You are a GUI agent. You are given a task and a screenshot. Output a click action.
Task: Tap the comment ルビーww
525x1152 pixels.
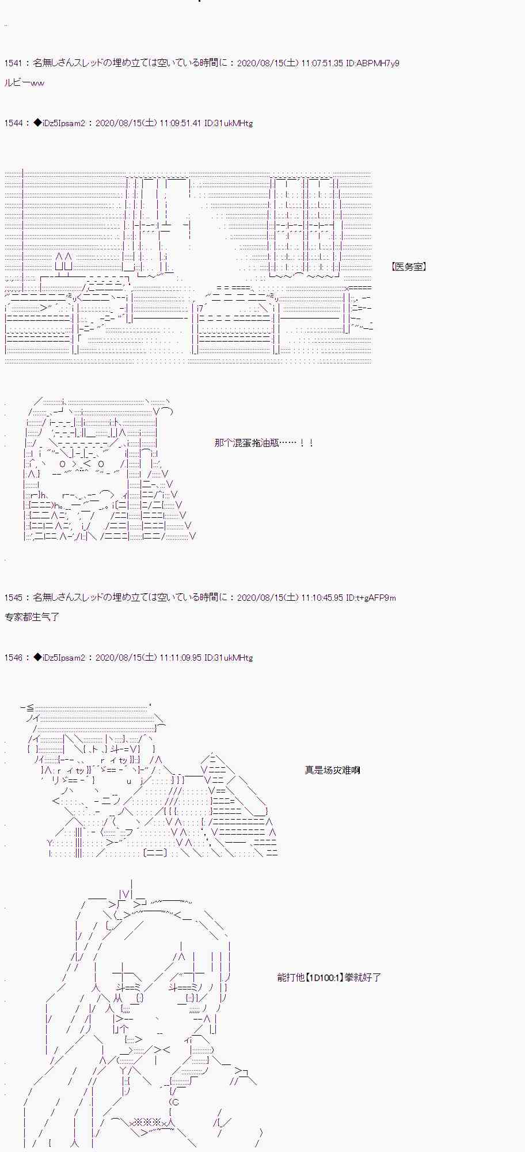[24, 83]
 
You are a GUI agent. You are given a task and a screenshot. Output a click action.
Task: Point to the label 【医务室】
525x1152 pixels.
[408, 267]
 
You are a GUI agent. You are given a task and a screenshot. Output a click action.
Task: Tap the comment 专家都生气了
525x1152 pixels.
[32, 617]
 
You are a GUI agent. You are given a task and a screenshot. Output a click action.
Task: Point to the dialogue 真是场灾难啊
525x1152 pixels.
[332, 770]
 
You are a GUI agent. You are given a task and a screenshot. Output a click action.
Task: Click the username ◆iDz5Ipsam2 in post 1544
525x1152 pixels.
[59, 123]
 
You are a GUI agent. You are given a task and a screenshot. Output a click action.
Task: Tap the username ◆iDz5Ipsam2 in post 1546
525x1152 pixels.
[59, 658]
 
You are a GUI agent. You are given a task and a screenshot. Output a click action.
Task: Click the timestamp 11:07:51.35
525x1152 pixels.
[322, 63]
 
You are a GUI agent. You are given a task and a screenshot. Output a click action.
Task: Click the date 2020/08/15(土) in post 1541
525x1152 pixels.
[268, 63]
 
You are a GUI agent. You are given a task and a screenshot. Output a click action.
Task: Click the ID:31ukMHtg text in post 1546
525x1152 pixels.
[229, 658]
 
